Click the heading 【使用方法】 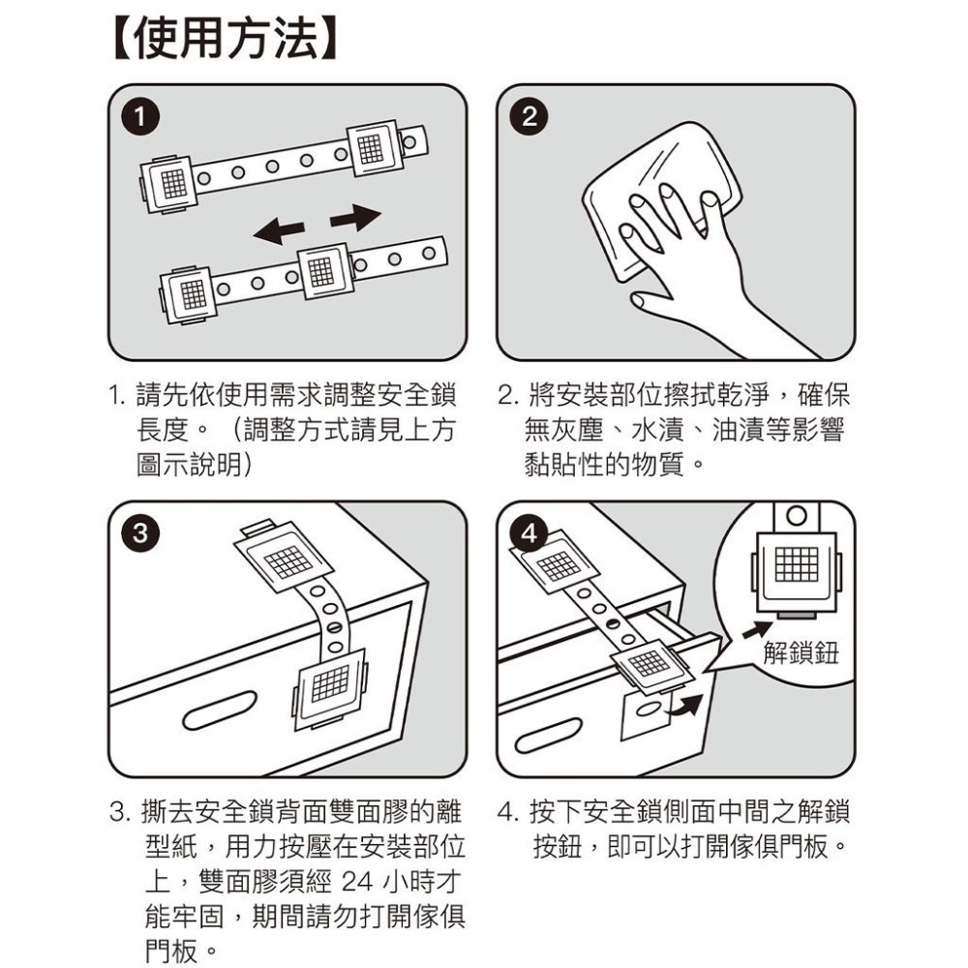pyautogui.click(x=226, y=40)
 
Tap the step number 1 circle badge pyautogui.click(x=140, y=117)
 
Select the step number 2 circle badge pyautogui.click(x=529, y=117)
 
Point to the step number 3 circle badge pyautogui.click(x=140, y=532)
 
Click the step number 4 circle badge pyautogui.click(x=529, y=532)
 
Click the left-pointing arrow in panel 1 pyautogui.click(x=279, y=231)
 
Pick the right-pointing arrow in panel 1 pyautogui.click(x=356, y=217)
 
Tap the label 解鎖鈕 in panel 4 pyautogui.click(x=801, y=651)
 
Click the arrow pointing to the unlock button pyautogui.click(x=757, y=630)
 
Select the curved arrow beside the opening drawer pyautogui.click(x=684, y=705)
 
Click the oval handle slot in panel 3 pyautogui.click(x=220, y=710)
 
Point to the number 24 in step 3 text pyautogui.click(x=357, y=881)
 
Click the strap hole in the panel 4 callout pyautogui.click(x=797, y=516)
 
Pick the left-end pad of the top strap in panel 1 pyautogui.click(x=170, y=184)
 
